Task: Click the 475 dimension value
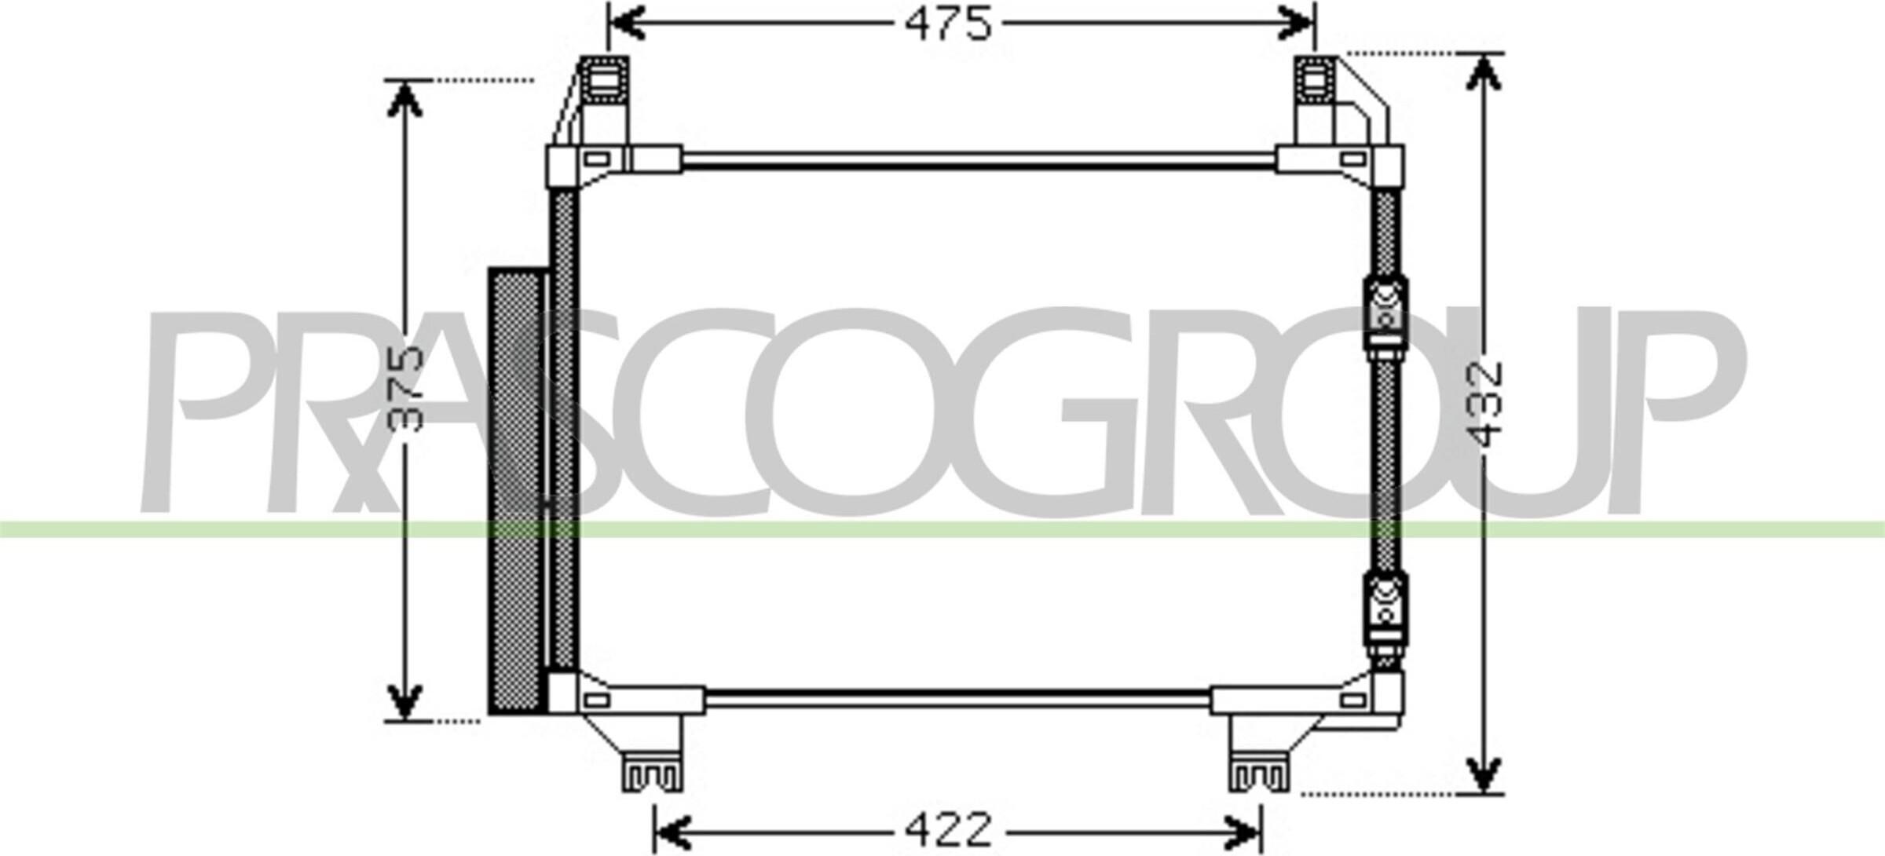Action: point(948,24)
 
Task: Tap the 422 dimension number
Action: point(949,829)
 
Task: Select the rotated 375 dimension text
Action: point(406,390)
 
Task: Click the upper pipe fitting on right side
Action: point(1384,315)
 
